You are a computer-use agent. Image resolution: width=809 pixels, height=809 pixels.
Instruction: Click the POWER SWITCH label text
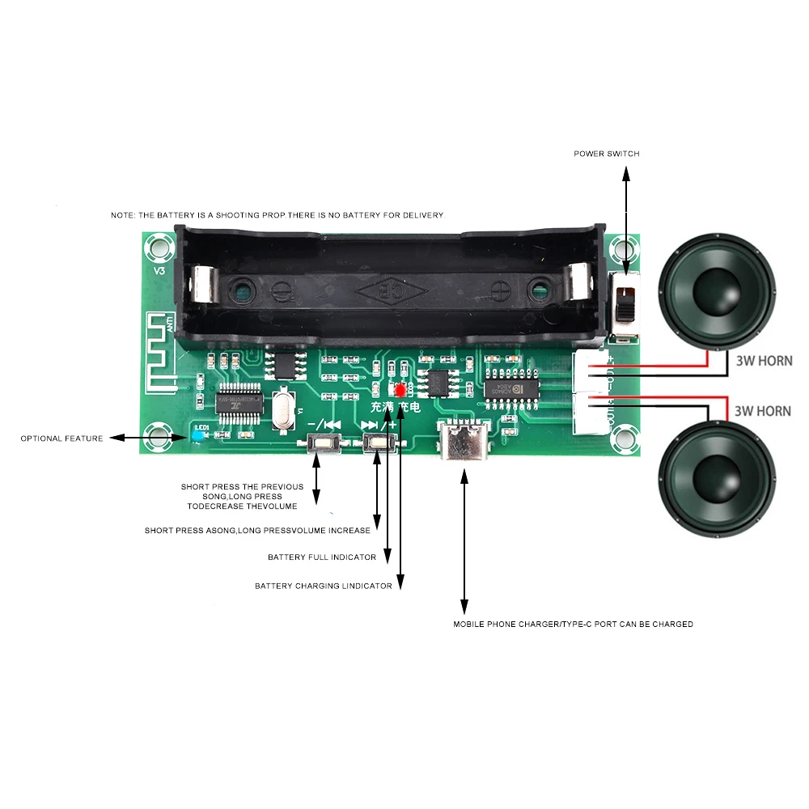point(607,154)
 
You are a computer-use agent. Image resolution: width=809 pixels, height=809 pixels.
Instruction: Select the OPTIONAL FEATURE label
point(61,438)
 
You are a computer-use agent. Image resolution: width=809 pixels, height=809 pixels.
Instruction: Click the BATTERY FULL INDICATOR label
point(322,557)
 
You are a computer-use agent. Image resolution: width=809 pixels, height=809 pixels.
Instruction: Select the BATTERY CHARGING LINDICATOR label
point(324,586)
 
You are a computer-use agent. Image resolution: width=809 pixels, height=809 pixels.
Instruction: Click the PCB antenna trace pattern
point(162,349)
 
